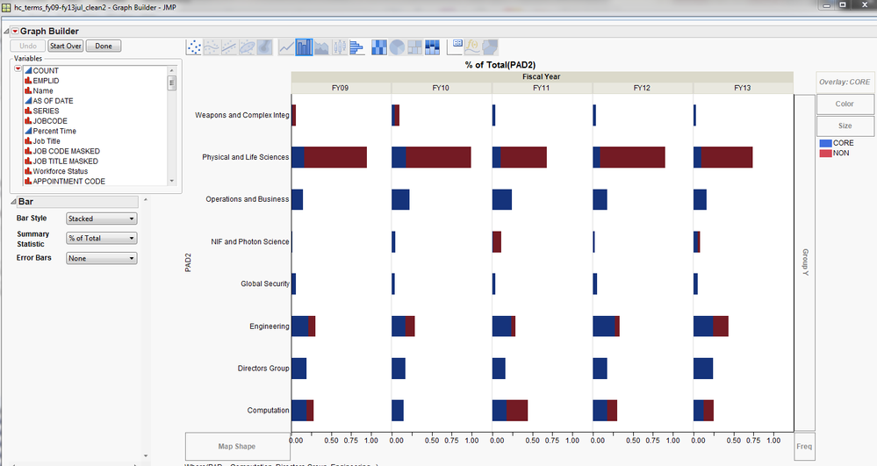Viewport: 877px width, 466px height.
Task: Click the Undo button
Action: pyautogui.click(x=27, y=46)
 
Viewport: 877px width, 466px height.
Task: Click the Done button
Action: pyautogui.click(x=104, y=46)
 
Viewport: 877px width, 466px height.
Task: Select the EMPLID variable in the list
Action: pyautogui.click(x=46, y=81)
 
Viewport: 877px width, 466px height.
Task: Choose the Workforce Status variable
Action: pyautogui.click(x=60, y=171)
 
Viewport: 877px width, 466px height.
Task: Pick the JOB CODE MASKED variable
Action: pyautogui.click(x=66, y=151)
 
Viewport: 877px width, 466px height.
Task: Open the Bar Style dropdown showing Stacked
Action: pyautogui.click(x=102, y=219)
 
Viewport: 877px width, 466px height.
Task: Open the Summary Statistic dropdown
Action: pyautogui.click(x=102, y=238)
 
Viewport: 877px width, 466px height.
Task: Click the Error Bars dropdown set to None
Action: pyautogui.click(x=102, y=258)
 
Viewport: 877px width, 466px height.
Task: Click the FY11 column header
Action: pyautogui.click(x=542, y=88)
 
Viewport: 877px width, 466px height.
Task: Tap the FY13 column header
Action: pyautogui.click(x=743, y=88)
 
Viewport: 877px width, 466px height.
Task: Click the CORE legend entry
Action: pyautogui.click(x=842, y=142)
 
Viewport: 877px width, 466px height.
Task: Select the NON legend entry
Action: pyautogui.click(x=840, y=153)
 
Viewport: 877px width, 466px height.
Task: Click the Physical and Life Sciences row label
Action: pyautogui.click(x=245, y=158)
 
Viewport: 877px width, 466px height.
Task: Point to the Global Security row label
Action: pyautogui.click(x=264, y=284)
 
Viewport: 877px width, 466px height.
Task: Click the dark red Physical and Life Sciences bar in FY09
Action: pyautogui.click(x=334, y=157)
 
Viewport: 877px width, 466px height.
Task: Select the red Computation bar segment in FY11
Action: pyautogui.click(x=517, y=410)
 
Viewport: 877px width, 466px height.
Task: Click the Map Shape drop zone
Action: pyautogui.click(x=236, y=446)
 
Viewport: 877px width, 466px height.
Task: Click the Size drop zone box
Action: pyautogui.click(x=845, y=126)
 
